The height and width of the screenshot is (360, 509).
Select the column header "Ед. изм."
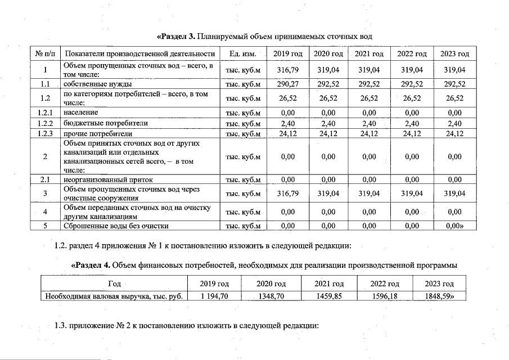(x=243, y=54)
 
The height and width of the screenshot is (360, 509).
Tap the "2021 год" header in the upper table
(x=370, y=54)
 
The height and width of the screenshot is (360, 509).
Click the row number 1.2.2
(x=44, y=123)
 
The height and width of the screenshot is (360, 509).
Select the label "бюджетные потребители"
(x=97, y=123)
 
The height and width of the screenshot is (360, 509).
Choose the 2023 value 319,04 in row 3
(x=454, y=193)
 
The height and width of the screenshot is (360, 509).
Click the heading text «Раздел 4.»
(x=91, y=265)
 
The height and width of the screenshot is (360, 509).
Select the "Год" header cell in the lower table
(x=114, y=284)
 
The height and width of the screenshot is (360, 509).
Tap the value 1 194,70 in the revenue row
(x=214, y=296)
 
